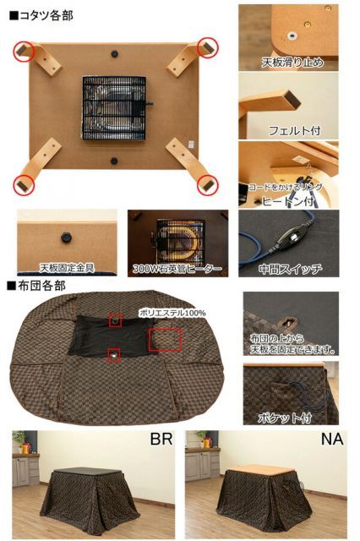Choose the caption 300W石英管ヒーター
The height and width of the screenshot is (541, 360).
(x=177, y=268)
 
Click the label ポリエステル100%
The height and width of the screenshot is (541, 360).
(x=173, y=312)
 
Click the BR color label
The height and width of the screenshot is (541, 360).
(x=161, y=440)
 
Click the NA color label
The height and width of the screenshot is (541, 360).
(x=330, y=440)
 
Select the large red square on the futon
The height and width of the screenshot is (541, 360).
(x=165, y=340)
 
